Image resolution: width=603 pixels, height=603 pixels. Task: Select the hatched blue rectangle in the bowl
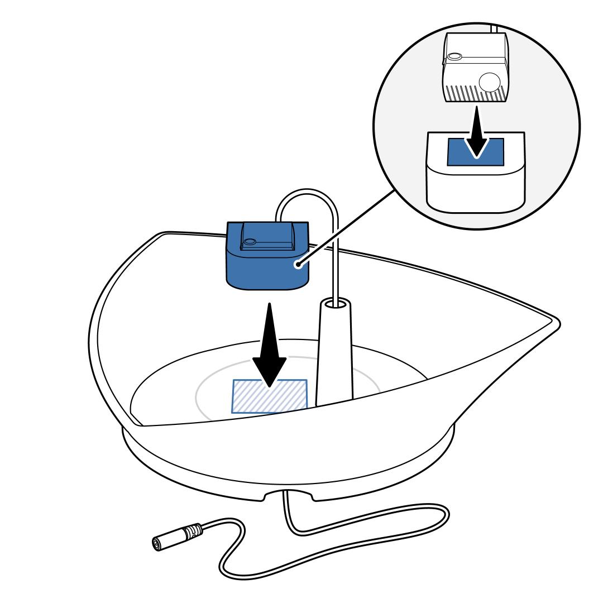[270, 396]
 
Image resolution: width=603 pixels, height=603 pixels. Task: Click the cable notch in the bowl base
[288, 494]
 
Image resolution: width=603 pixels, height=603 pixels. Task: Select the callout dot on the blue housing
[300, 265]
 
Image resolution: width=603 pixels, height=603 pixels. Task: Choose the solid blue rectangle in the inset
[458, 152]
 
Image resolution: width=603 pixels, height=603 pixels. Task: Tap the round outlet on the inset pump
[490, 83]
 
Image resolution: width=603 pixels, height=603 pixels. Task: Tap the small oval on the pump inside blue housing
[250, 242]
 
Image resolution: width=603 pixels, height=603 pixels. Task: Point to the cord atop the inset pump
[494, 28]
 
